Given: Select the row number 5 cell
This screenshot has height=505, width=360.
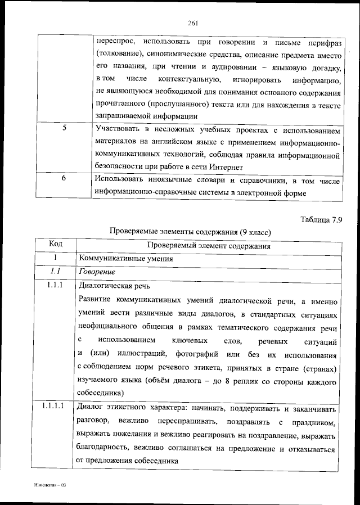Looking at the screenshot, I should tap(64, 128).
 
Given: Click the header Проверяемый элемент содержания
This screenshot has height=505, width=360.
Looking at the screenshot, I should tap(208, 245).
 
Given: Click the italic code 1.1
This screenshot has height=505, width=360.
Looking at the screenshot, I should tap(55, 272).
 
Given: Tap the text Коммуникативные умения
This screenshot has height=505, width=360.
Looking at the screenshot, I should tap(125, 258).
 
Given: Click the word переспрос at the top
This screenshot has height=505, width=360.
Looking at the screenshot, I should tap(114, 42).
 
